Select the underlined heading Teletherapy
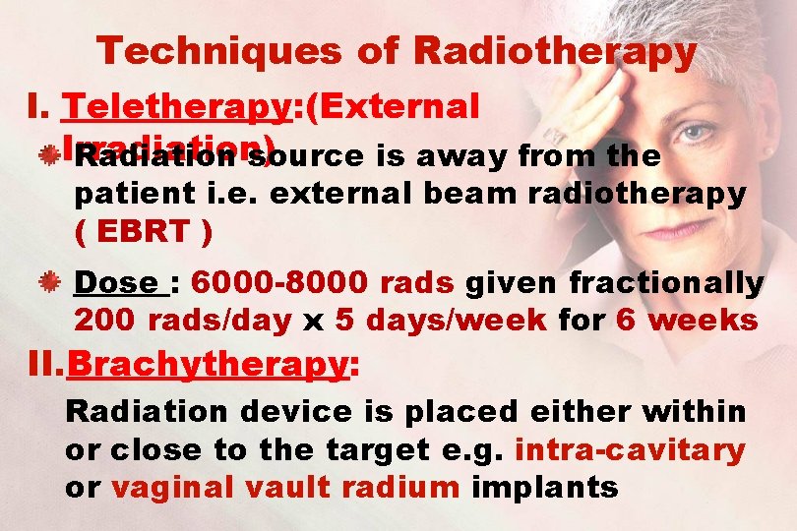click(x=178, y=107)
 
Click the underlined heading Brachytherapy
click(x=208, y=365)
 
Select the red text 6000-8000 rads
click(x=323, y=283)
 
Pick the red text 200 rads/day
click(x=183, y=320)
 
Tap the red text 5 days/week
click(x=441, y=320)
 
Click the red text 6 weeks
click(x=687, y=320)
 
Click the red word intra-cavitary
click(x=630, y=450)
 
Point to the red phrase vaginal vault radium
click(x=285, y=487)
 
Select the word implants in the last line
click(x=545, y=487)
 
